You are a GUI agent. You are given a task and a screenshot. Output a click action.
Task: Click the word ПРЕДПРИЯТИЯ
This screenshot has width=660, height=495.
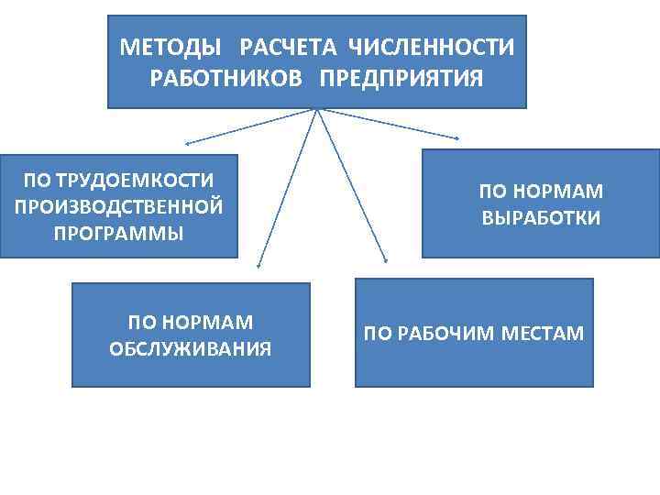[401, 76]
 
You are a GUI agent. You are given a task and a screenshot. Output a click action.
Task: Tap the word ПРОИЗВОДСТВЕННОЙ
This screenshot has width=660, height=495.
[119, 206]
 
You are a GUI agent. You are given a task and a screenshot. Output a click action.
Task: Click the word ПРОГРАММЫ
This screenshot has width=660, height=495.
[119, 232]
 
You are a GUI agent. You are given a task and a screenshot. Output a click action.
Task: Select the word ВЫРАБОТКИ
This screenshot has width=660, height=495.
[541, 218]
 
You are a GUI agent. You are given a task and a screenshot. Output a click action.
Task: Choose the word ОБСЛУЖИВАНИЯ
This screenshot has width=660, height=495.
[191, 348]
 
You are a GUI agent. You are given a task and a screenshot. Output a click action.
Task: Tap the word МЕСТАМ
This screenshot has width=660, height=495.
[543, 333]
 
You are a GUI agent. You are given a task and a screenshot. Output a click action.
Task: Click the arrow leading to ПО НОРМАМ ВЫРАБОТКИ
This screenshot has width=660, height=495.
[390, 125]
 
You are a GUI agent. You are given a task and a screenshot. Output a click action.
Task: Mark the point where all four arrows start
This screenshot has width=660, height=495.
[317, 110]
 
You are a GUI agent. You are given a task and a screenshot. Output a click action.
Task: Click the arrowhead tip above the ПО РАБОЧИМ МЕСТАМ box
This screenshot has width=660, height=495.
[386, 263]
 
